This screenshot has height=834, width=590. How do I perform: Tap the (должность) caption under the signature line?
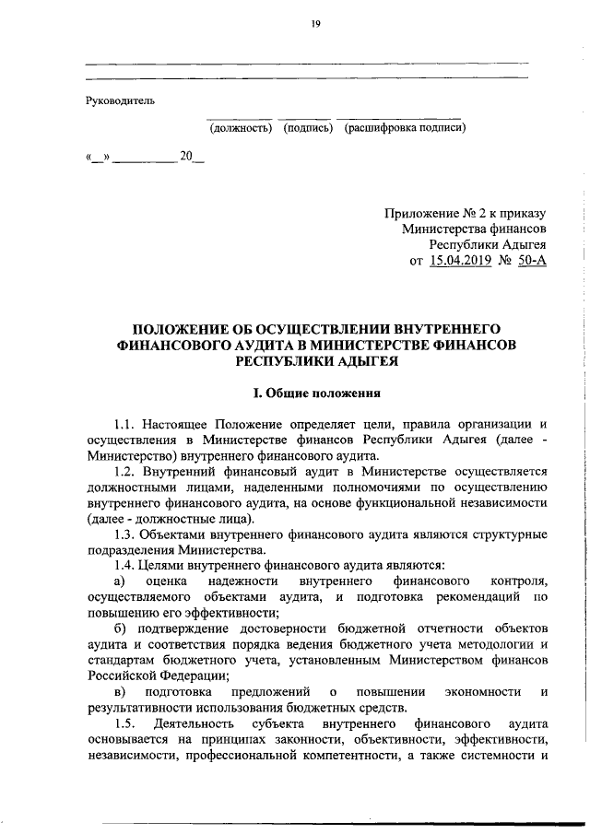[240, 128]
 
